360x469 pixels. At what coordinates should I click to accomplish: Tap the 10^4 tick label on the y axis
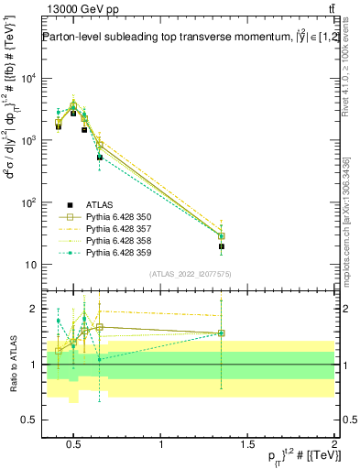pos(30,78)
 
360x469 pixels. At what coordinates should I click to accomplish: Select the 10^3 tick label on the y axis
pos(30,140)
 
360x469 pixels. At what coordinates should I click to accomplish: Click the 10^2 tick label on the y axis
pos(30,202)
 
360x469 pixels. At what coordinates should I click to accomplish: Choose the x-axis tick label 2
pos(333,445)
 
